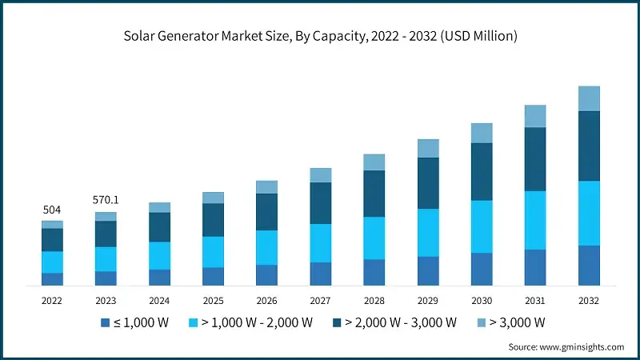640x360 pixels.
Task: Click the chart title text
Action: [x=320, y=35]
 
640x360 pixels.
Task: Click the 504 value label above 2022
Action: [x=52, y=210]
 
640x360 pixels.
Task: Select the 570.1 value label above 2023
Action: [x=106, y=200]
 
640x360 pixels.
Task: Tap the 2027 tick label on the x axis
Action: [x=320, y=301]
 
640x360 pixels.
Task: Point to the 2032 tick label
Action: [x=589, y=301]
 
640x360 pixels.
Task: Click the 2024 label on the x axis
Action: [x=159, y=301]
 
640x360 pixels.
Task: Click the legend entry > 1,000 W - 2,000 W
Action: [x=253, y=323]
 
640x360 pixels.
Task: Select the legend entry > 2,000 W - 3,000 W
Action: [x=396, y=323]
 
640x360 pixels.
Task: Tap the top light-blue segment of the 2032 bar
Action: [x=589, y=98]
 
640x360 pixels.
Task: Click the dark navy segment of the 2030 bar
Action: [x=482, y=171]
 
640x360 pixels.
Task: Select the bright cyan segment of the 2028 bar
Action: [x=374, y=238]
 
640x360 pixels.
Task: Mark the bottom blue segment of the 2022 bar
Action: [x=52, y=278]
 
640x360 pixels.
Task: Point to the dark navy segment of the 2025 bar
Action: [x=213, y=220]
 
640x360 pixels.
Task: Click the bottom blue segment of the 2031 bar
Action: [x=535, y=267]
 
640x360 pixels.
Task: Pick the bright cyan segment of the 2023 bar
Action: [x=106, y=258]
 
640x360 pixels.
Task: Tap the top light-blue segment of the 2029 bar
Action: [x=428, y=148]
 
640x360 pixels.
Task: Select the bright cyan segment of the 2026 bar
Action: [x=266, y=247]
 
